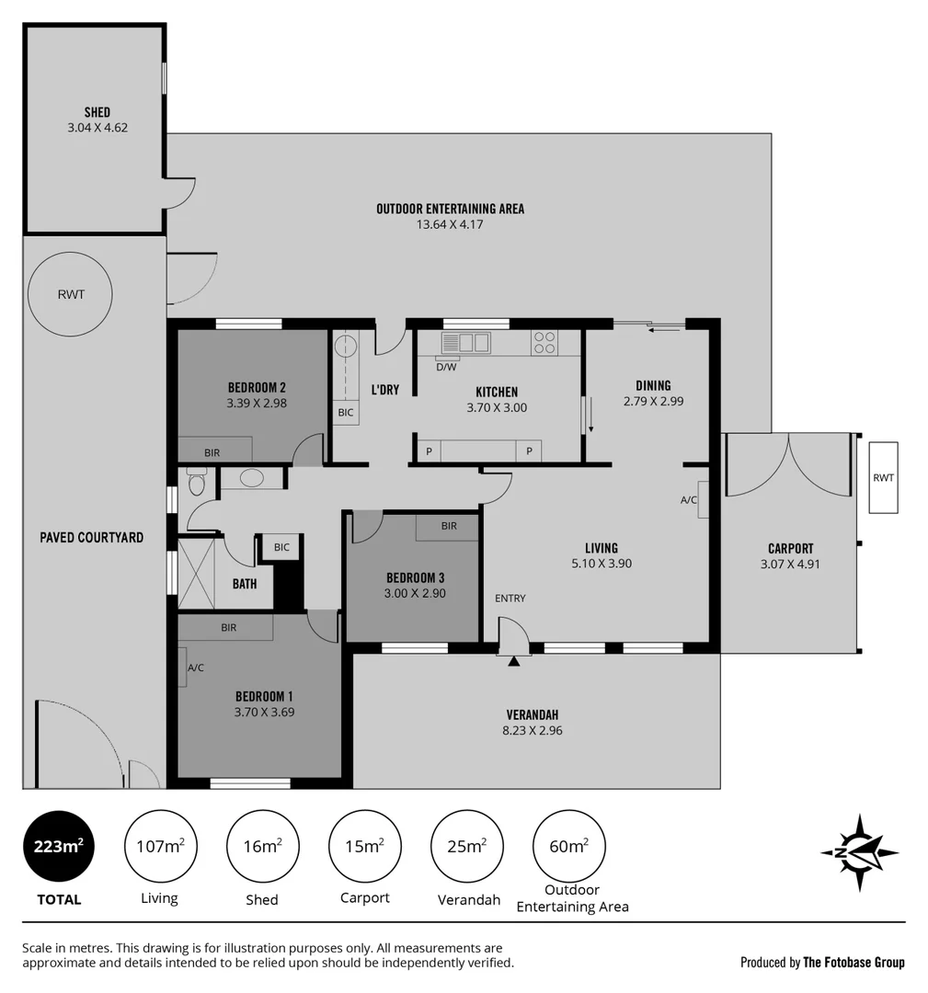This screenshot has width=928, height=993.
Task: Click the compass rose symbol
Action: pyautogui.click(x=859, y=852)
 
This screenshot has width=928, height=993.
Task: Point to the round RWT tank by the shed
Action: pyautogui.click(x=71, y=294)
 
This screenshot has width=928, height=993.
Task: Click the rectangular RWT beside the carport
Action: pyautogui.click(x=883, y=477)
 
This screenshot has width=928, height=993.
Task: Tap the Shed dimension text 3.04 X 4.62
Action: pyautogui.click(x=97, y=129)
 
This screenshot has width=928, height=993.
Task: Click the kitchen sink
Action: pyautogui.click(x=465, y=343)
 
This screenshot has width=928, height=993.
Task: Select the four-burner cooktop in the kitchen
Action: pyautogui.click(x=544, y=343)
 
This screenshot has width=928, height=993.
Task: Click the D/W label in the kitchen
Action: pyautogui.click(x=446, y=367)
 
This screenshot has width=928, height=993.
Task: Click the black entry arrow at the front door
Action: pyautogui.click(x=513, y=660)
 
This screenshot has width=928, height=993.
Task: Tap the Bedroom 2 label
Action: pyautogui.click(x=257, y=387)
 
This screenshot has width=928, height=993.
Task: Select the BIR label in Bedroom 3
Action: pyautogui.click(x=449, y=526)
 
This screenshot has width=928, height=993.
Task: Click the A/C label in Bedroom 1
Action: pyautogui.click(x=195, y=668)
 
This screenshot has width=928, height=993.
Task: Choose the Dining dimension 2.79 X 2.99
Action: pyautogui.click(x=653, y=401)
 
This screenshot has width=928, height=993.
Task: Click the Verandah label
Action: pyautogui.click(x=533, y=714)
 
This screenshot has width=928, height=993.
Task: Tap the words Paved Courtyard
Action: pyautogui.click(x=91, y=537)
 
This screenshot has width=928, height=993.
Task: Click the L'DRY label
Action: pyautogui.click(x=384, y=390)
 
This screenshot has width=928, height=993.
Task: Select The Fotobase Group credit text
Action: pyautogui.click(x=854, y=963)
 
